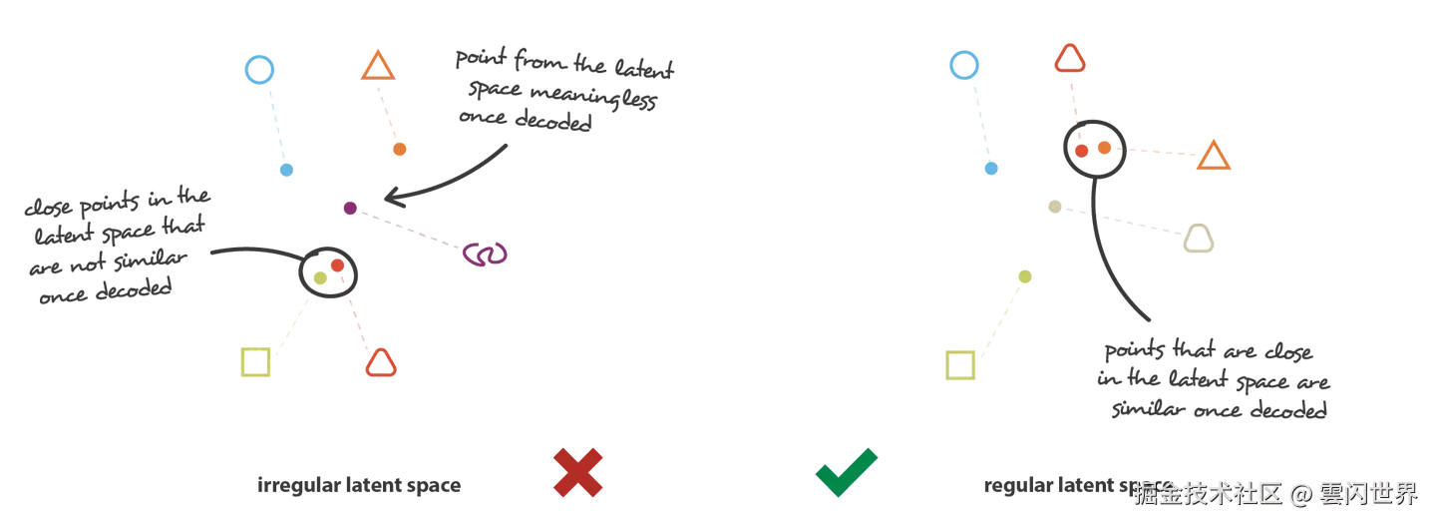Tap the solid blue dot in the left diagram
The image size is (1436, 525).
pyautogui.click(x=287, y=172)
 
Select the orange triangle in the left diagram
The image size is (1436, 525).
pyautogui.click(x=378, y=68)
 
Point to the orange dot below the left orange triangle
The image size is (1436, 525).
pyautogui.click(x=399, y=151)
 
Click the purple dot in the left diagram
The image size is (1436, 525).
pyautogui.click(x=350, y=209)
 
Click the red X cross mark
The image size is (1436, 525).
pyautogui.click(x=578, y=471)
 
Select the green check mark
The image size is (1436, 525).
pyautogui.click(x=847, y=471)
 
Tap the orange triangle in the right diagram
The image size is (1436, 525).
pyautogui.click(x=1214, y=159)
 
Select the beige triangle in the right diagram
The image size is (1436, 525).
pyautogui.click(x=1200, y=240)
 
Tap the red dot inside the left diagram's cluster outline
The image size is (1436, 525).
pyautogui.click(x=337, y=265)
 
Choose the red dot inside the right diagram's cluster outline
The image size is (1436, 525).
pyautogui.click(x=1080, y=151)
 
